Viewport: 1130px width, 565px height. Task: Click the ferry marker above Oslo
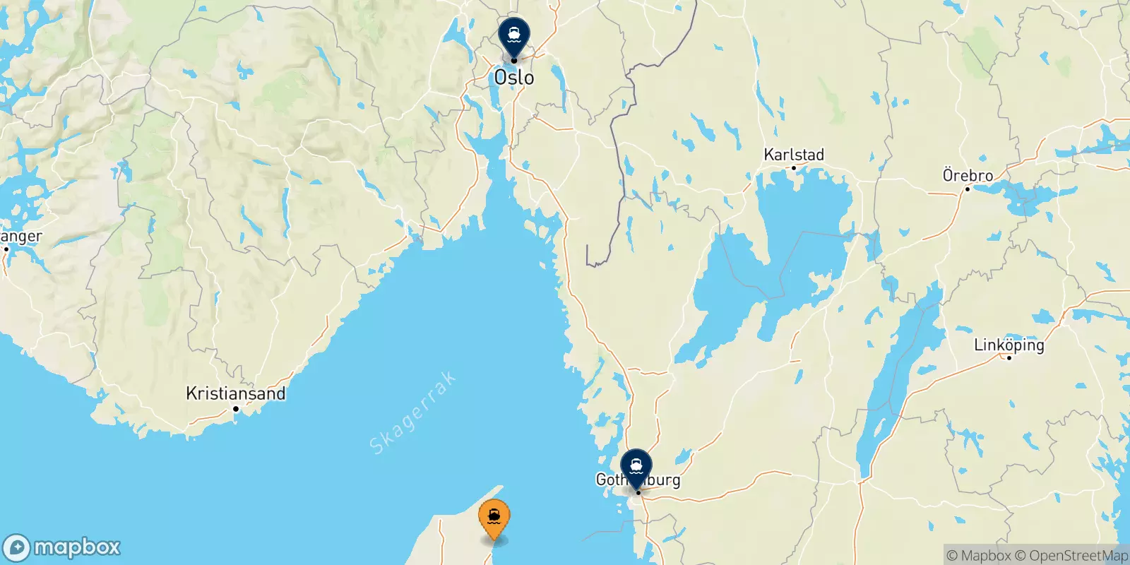click(x=513, y=34)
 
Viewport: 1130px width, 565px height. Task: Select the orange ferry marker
click(x=494, y=517)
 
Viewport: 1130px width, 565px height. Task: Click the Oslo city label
click(x=514, y=78)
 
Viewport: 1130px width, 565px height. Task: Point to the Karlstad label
click(x=794, y=155)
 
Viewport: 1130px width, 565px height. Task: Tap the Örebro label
click(x=968, y=175)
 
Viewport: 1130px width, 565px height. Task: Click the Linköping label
click(x=1009, y=345)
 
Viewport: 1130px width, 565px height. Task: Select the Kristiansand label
click(x=236, y=393)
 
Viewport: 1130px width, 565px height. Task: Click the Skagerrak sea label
click(x=413, y=413)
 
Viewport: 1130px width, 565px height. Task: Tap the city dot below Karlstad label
click(x=794, y=168)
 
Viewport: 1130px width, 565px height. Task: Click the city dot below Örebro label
click(x=968, y=189)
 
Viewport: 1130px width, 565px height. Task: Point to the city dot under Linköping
click(x=1009, y=358)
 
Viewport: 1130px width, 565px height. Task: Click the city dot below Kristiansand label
click(x=236, y=408)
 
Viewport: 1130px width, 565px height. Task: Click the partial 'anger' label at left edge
click(x=21, y=237)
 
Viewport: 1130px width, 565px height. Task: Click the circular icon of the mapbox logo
click(x=17, y=548)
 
